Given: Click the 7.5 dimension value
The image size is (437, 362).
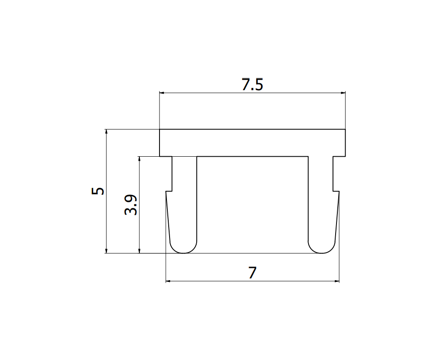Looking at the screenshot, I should [x=252, y=84].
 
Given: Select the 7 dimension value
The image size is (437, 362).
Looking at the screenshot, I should [x=252, y=273].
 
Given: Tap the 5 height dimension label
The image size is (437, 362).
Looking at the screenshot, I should [x=98, y=191].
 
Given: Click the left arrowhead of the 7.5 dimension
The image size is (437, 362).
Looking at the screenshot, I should [x=162, y=93].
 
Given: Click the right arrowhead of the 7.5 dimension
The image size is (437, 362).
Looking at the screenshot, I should [x=343, y=93].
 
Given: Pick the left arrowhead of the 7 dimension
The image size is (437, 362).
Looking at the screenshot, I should [x=168, y=281].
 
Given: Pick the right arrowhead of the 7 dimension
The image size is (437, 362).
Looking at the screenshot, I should [x=337, y=281].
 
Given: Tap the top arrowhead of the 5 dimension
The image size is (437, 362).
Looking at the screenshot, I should [x=106, y=132].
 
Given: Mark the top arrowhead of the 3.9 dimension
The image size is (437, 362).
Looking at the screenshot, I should [x=139, y=159].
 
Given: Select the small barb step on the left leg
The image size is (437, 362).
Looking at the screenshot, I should [x=169, y=191].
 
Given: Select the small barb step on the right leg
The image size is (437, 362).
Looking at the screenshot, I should [x=336, y=191].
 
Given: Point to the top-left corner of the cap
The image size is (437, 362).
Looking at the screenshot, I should [x=160, y=130].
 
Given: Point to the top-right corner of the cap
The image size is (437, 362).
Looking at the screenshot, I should [x=345, y=130].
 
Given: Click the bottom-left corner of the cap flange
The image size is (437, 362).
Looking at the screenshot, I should [x=160, y=156].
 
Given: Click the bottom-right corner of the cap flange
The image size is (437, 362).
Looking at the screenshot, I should [x=345, y=156].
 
